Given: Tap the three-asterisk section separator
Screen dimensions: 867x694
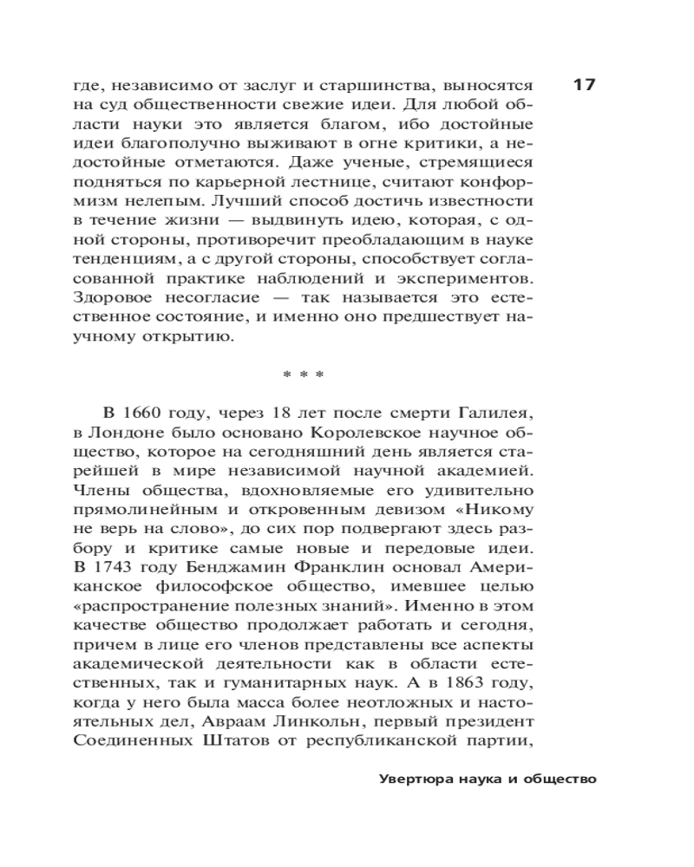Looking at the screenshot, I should pyautogui.click(x=303, y=375).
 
